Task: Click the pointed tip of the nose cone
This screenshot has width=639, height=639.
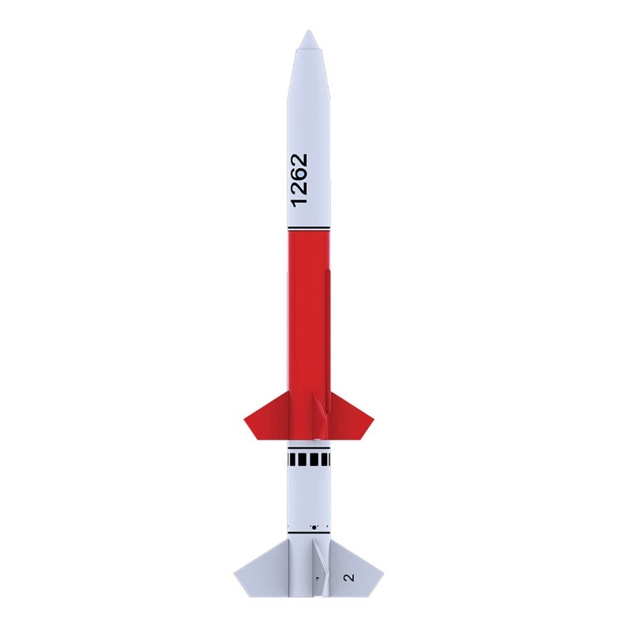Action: pos(309,32)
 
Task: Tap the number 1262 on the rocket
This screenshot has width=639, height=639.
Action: pos(298,180)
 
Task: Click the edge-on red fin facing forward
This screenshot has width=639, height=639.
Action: pos(321,415)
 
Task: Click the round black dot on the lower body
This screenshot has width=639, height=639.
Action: pos(313,527)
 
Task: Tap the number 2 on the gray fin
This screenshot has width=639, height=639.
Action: pos(348,578)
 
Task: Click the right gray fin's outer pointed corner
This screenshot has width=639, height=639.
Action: pos(382,573)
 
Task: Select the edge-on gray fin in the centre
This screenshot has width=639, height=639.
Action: pos(323,569)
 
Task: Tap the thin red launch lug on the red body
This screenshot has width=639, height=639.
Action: pos(328,332)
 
